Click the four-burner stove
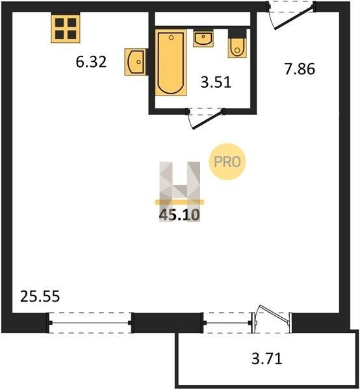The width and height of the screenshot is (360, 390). tap(66, 28)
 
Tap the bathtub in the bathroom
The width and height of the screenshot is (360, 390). tap(171, 62)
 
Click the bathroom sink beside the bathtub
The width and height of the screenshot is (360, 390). tap(203, 38)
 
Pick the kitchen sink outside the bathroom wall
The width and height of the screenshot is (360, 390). tap(135, 62)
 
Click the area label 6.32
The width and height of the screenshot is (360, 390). tap(91, 62)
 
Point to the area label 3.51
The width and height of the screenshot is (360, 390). tap(216, 83)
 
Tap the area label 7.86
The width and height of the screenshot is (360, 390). tap(300, 69)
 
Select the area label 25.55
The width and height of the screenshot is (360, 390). tap(40, 296)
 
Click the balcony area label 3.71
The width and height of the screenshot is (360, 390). tap(267, 359)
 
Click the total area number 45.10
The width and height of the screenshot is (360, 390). tap(179, 215)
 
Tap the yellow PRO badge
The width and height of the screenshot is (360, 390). tap(227, 162)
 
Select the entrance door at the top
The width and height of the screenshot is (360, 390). tap(292, 16)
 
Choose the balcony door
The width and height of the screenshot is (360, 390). tap(272, 319)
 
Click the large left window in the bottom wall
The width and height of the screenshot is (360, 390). tap(90, 323)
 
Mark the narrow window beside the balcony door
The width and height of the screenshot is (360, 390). tap(227, 323)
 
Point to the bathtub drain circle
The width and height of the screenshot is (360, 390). tap(171, 38)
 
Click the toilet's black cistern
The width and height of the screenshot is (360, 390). tap(237, 34)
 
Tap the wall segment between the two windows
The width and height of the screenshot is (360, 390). tap(168, 323)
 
